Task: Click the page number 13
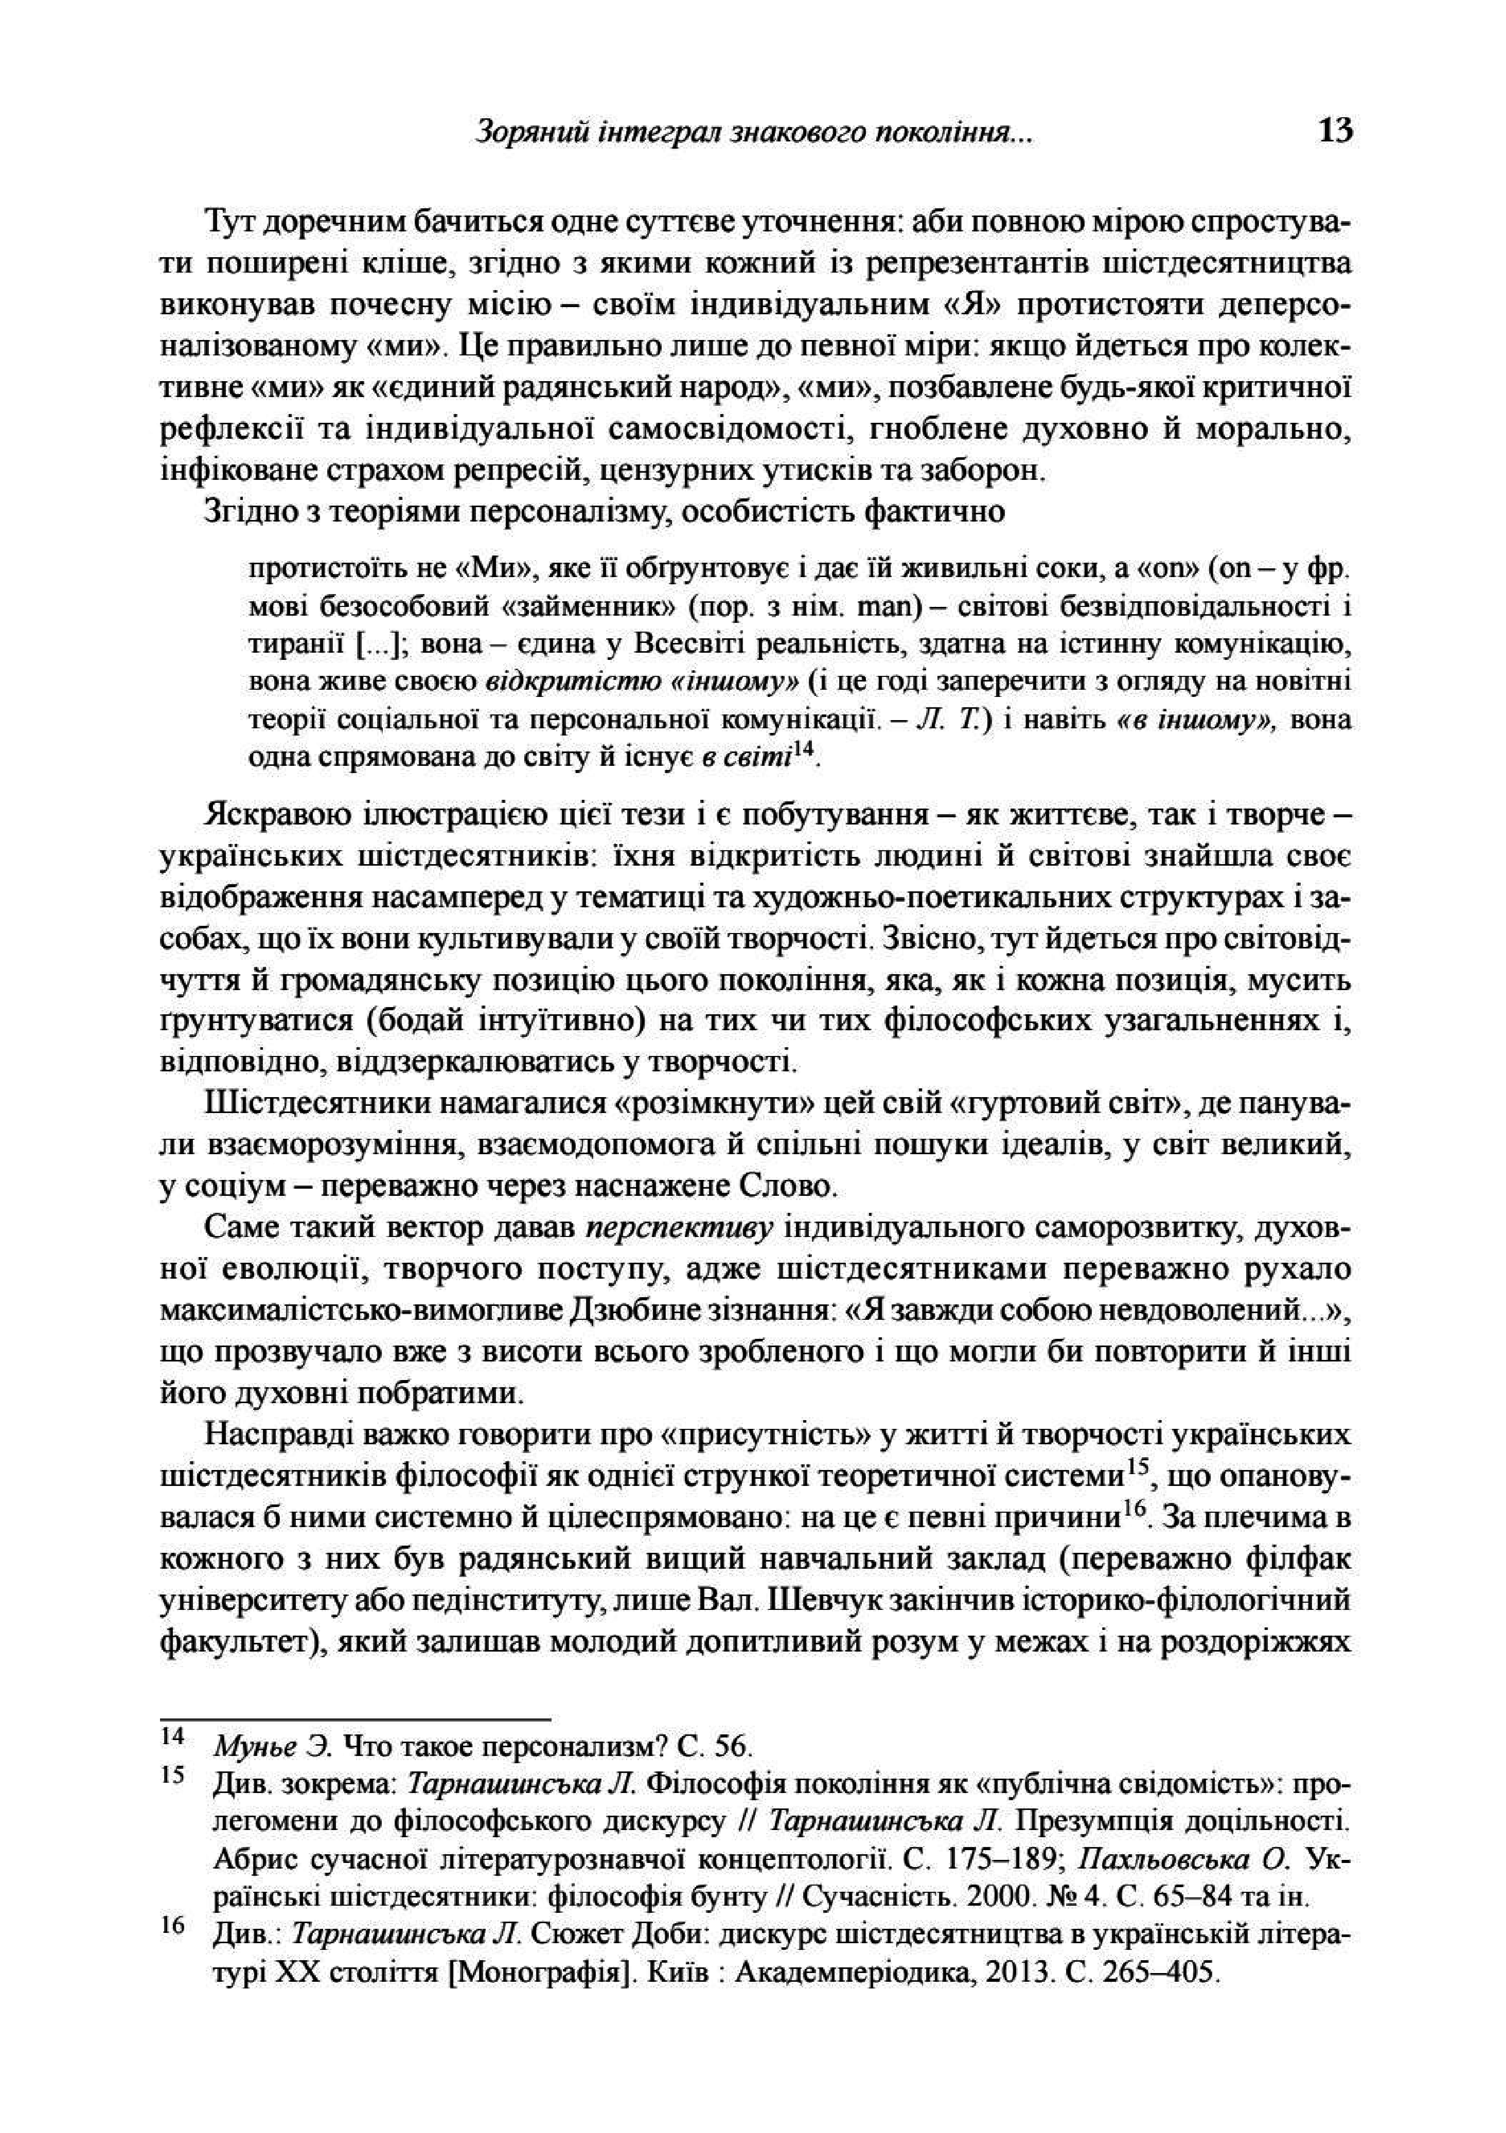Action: point(1334,131)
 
